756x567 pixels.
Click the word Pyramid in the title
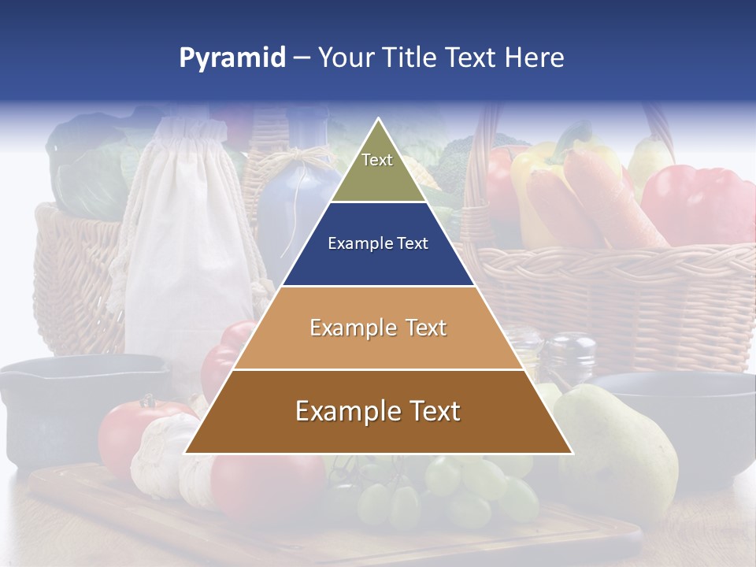[232, 58]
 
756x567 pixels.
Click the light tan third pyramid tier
[379, 346]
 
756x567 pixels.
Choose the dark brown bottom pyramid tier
[379, 433]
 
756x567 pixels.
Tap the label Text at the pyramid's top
[377, 160]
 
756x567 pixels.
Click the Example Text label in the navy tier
[378, 243]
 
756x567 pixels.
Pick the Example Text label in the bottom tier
[378, 411]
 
